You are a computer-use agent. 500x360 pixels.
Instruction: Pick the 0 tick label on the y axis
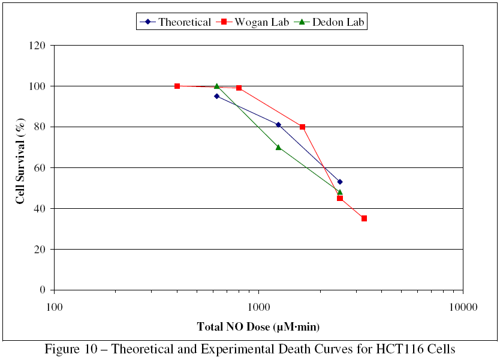point(43,290)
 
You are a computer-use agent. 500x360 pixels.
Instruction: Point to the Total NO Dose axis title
point(258,327)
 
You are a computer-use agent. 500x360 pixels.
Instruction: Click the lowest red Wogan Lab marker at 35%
point(364,218)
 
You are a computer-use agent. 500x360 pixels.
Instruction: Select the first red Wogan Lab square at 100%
point(177,86)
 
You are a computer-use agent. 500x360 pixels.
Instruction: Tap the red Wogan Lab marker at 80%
point(302,127)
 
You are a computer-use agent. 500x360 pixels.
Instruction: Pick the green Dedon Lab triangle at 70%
point(278,147)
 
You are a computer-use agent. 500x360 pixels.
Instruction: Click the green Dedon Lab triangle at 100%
point(216,86)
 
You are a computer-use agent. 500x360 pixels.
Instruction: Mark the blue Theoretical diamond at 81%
point(278,125)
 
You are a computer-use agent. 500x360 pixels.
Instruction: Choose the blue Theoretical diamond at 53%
point(340,182)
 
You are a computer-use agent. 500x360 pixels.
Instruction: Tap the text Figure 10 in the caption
point(72,349)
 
